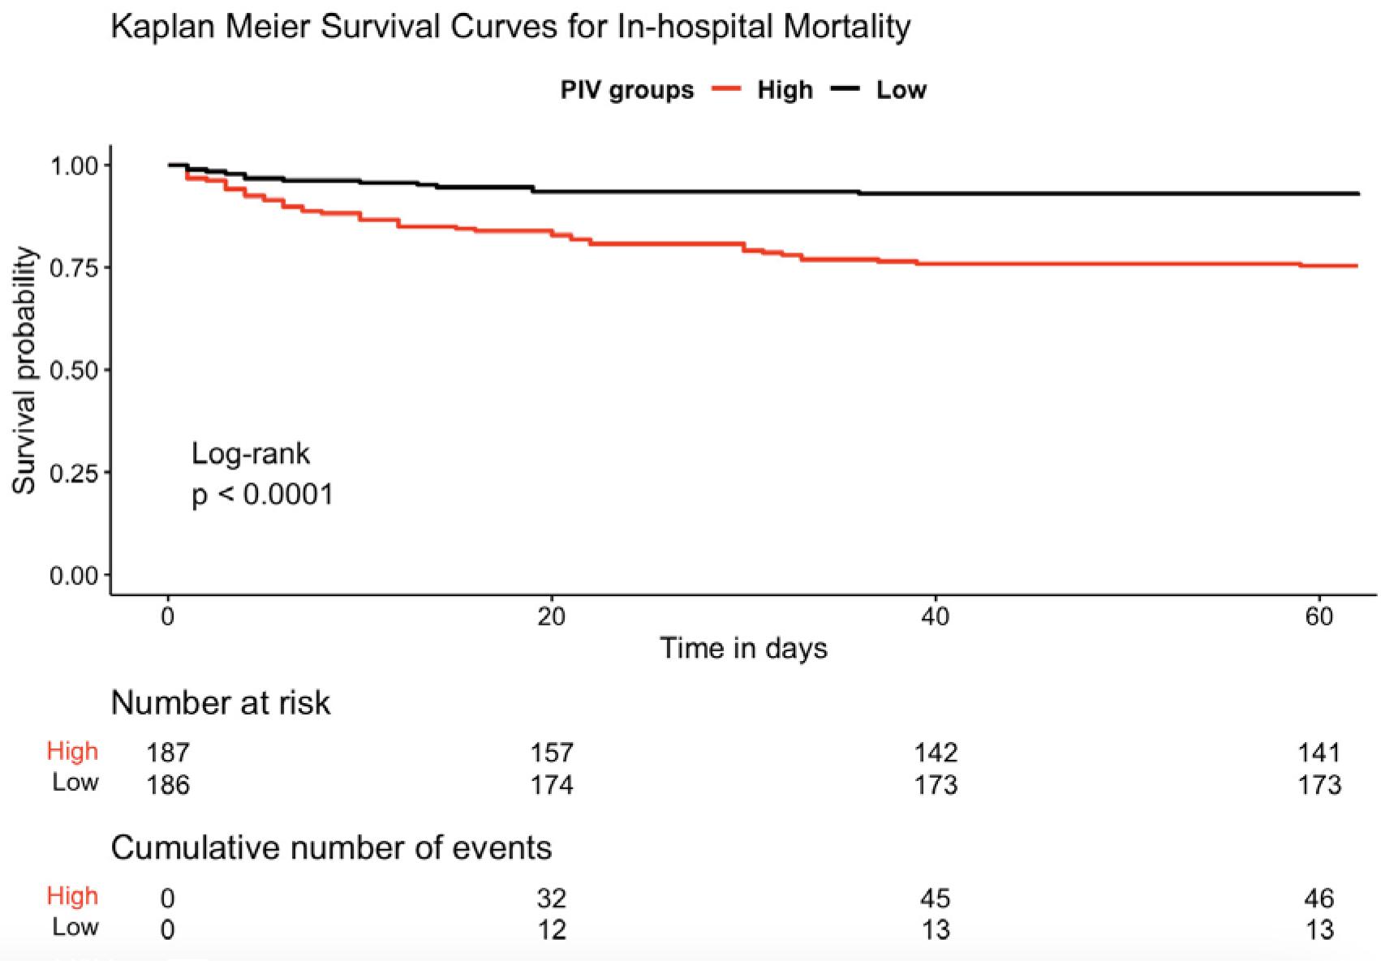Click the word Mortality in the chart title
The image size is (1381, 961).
click(846, 27)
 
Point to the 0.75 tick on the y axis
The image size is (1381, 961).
click(74, 268)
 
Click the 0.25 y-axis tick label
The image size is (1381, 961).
click(74, 473)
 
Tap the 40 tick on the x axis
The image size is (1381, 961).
click(935, 617)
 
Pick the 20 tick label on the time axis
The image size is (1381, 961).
click(551, 617)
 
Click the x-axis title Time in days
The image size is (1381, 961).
click(743, 649)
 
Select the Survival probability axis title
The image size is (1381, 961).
click(24, 371)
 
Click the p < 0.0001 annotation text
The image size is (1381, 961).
click(262, 495)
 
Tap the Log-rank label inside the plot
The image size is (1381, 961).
click(250, 453)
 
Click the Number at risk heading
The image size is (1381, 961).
click(220, 703)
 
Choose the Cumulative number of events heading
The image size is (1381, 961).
click(331, 848)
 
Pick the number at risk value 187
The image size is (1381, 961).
click(168, 753)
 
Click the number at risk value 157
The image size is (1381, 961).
click(552, 753)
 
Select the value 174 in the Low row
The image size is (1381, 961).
click(552, 785)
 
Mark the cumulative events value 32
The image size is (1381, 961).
click(552, 898)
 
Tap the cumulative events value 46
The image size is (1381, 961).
click(1319, 898)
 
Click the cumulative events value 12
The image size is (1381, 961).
click(552, 929)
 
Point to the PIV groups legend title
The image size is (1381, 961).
click(626, 90)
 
